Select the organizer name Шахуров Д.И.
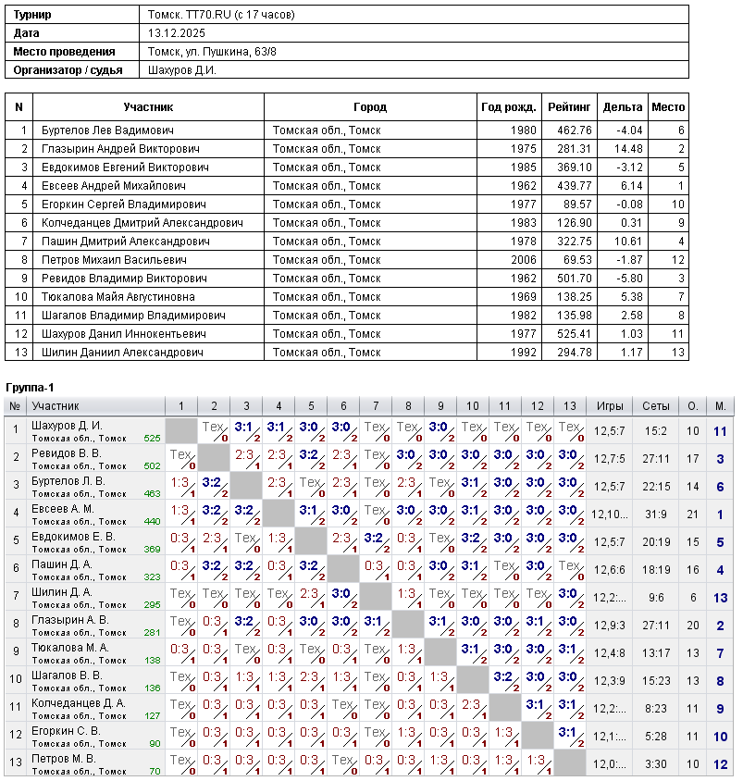(x=182, y=70)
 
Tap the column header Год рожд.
(x=508, y=107)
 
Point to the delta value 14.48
(x=622, y=149)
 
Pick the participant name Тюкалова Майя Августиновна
(x=118, y=297)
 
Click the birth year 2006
(x=523, y=260)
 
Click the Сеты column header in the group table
(x=656, y=406)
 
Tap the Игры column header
(x=610, y=406)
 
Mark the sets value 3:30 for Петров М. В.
(x=656, y=763)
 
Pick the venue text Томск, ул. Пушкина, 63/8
(x=212, y=52)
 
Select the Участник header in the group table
(x=56, y=406)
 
